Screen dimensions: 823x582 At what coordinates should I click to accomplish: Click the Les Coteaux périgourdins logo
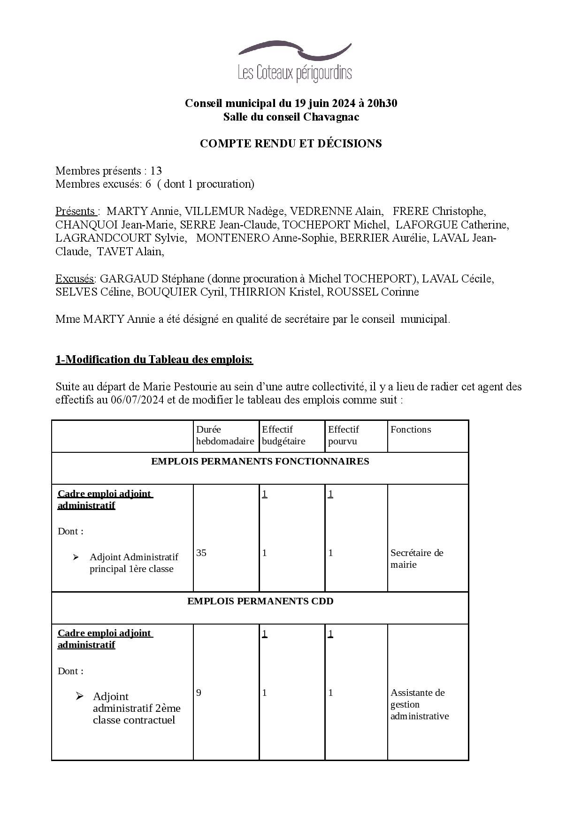[x=295, y=61]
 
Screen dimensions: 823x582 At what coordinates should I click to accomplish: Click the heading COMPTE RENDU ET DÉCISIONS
[x=291, y=144]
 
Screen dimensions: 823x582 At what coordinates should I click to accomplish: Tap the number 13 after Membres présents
[x=156, y=171]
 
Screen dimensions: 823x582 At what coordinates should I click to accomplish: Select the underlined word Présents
[x=76, y=211]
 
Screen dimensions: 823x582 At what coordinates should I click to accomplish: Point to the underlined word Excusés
[x=74, y=279]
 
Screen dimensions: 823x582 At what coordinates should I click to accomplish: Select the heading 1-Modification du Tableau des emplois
[x=154, y=359]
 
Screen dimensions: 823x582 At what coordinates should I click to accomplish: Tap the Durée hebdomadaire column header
[x=225, y=435]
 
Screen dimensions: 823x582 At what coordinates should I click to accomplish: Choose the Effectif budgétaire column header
[x=283, y=435]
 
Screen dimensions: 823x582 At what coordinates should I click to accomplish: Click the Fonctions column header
[x=410, y=429]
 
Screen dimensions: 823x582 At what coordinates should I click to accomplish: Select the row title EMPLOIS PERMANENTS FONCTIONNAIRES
[x=260, y=461]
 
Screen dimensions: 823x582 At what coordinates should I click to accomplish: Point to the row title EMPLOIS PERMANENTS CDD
[x=260, y=601]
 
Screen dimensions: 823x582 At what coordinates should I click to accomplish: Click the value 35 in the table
[x=201, y=553]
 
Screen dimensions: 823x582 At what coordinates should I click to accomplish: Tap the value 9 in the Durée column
[x=199, y=693]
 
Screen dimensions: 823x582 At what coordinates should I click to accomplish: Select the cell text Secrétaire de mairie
[x=417, y=558]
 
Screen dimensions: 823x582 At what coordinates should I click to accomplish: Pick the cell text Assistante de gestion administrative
[x=420, y=704]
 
